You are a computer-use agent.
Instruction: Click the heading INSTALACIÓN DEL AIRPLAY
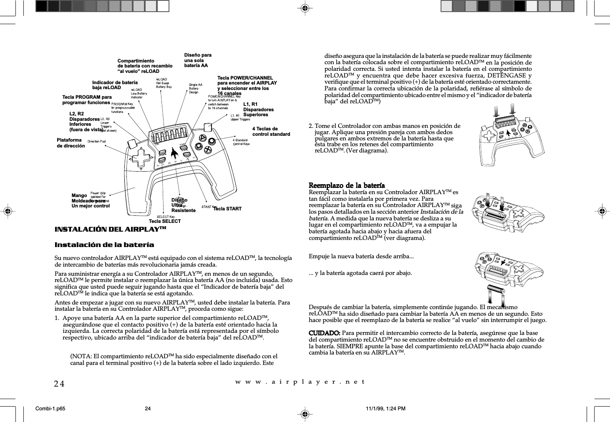click(110, 230)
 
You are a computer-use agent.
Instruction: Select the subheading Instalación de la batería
click(104, 245)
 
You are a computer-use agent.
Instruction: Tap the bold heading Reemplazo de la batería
click(346, 185)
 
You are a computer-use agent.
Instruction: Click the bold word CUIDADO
click(324, 333)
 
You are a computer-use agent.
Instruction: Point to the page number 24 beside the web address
click(59, 383)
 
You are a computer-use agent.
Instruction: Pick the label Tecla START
click(227, 209)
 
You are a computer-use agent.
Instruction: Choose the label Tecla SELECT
click(165, 221)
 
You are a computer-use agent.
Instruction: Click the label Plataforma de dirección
click(71, 143)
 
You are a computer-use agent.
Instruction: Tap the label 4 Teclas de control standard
click(271, 132)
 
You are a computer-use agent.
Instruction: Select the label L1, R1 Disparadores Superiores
click(258, 110)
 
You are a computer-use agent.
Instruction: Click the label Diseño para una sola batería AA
click(198, 60)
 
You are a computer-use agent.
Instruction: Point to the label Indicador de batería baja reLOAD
click(115, 85)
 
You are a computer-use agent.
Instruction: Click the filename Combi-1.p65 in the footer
click(50, 409)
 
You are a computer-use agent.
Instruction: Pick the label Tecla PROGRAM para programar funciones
click(87, 100)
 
